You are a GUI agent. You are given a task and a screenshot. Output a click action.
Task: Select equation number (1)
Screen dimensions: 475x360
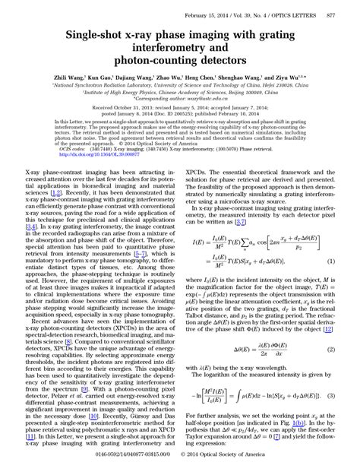point(331,261)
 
